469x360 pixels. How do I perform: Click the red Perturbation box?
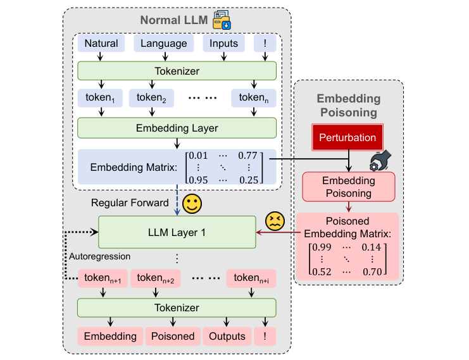[x=347, y=137]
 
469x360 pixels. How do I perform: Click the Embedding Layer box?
[x=177, y=128]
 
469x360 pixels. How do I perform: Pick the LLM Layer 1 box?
[x=177, y=232]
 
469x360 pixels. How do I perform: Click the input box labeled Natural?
[x=101, y=44]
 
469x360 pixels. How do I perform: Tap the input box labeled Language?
[x=163, y=44]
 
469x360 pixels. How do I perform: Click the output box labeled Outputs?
[x=227, y=336]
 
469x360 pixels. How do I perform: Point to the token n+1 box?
[x=101, y=278]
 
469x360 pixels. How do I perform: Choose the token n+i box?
[x=254, y=278]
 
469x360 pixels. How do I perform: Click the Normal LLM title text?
[x=173, y=20]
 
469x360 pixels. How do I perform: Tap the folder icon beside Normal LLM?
[x=222, y=20]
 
